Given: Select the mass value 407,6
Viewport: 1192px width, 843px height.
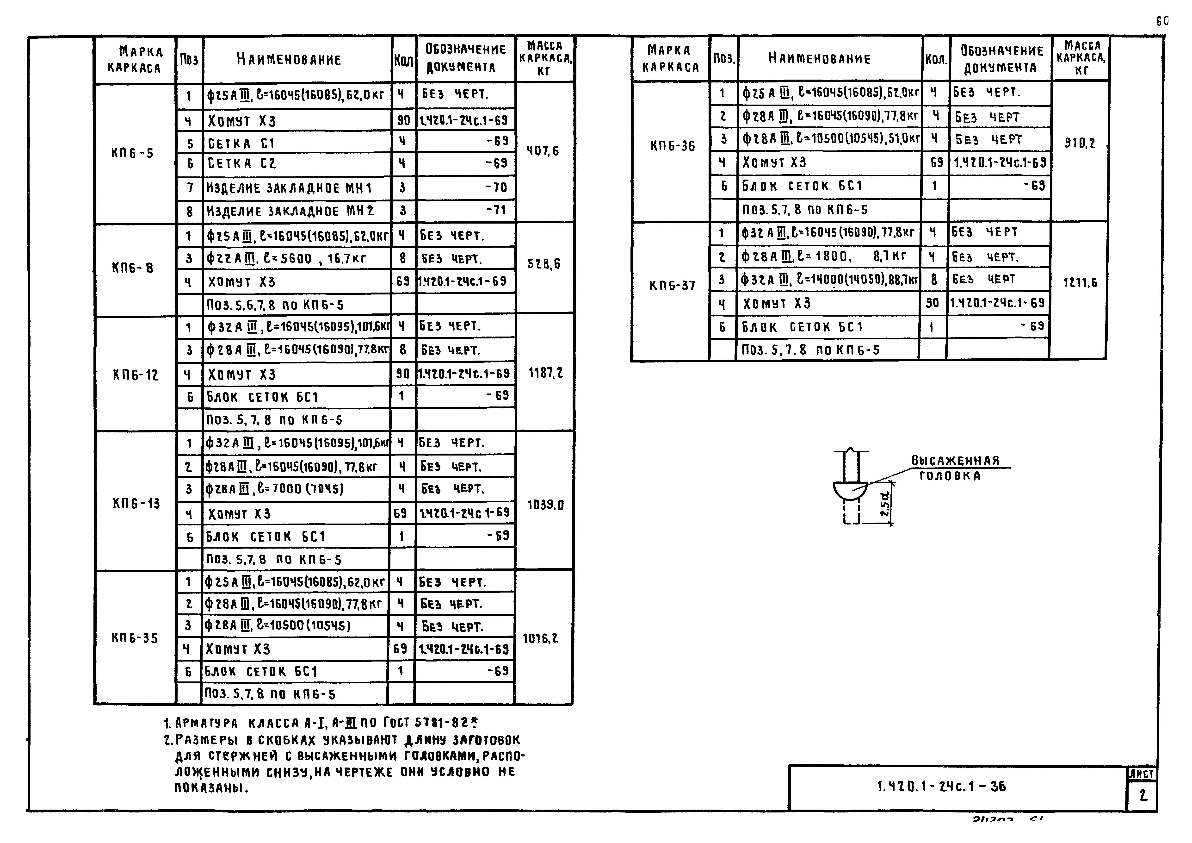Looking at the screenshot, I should (x=543, y=151).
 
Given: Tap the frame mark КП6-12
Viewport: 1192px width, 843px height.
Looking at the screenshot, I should (x=135, y=375).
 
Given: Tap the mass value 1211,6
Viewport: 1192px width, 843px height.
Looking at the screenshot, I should (x=1080, y=282).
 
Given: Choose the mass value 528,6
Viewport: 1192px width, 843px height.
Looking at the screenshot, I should (x=544, y=264).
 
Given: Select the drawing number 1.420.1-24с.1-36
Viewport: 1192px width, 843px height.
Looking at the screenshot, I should (x=941, y=786).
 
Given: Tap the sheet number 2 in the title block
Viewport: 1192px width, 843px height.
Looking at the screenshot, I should (x=1143, y=795).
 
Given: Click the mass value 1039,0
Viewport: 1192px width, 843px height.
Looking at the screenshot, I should (x=545, y=504).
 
